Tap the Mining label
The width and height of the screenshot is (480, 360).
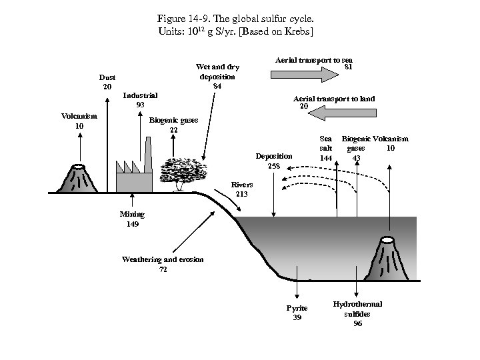pyautogui.click(x=132, y=215)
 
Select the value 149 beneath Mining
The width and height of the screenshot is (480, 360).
pyautogui.click(x=133, y=224)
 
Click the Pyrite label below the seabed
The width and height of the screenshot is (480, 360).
pyautogui.click(x=297, y=308)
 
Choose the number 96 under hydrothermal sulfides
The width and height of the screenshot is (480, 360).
pyautogui.click(x=358, y=323)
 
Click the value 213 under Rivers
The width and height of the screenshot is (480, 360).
pyautogui.click(x=242, y=194)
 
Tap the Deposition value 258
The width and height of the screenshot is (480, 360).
pyautogui.click(x=274, y=165)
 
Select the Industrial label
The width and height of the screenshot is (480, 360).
pyautogui.click(x=140, y=95)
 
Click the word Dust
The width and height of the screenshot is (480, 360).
pyautogui.click(x=107, y=77)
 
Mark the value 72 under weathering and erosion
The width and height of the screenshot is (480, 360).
pyautogui.click(x=163, y=269)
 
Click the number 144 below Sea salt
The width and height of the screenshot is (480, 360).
pyautogui.click(x=326, y=158)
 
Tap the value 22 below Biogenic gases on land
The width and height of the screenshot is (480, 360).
pyautogui.click(x=173, y=129)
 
